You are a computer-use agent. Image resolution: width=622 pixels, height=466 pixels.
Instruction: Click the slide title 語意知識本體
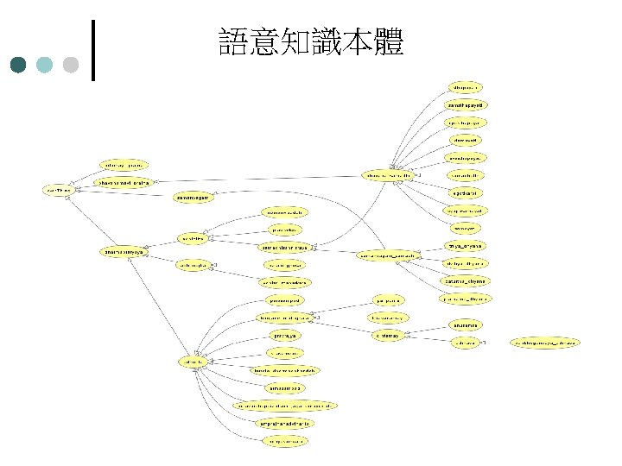coord(311,42)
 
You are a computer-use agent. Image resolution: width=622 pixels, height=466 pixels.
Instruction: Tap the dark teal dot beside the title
coord(19,65)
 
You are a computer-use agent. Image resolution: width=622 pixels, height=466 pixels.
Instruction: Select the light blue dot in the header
coord(45,65)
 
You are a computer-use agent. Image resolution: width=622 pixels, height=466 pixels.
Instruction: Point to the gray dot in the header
coord(71,65)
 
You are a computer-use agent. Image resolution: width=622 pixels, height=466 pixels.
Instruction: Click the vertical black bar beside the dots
coord(92,49)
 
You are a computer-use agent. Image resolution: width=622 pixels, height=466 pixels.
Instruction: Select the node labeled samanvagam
coord(194,197)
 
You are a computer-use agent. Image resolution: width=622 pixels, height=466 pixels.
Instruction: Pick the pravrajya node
coord(284,336)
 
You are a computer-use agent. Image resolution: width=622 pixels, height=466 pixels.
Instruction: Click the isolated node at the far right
coord(546,343)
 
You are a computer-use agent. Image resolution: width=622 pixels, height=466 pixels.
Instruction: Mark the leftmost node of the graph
coord(59,190)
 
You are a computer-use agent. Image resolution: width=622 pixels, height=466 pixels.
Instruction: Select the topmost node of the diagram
coord(466,87)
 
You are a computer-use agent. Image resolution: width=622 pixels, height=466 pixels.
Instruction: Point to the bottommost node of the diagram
coord(284,441)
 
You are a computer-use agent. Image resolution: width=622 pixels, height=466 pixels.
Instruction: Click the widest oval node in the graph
coord(286,406)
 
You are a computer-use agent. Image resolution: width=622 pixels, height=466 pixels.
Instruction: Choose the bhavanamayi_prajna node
coord(124,182)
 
